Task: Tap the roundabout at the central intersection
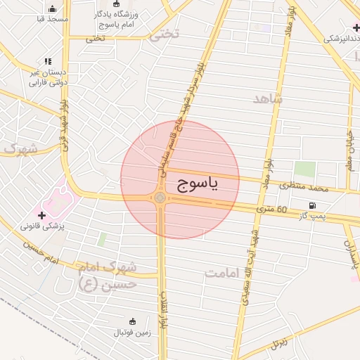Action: (161, 198)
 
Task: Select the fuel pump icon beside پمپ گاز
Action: (309, 205)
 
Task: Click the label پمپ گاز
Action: (310, 217)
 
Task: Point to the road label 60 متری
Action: (271, 210)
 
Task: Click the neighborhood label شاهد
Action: (268, 99)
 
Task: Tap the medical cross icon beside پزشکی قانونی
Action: (42, 214)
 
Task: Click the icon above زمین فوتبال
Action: (132, 319)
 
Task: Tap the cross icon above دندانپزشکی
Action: (356, 27)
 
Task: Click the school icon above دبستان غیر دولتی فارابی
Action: (48, 62)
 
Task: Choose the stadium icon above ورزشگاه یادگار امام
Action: (116, 4)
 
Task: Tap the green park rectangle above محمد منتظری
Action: (304, 169)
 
